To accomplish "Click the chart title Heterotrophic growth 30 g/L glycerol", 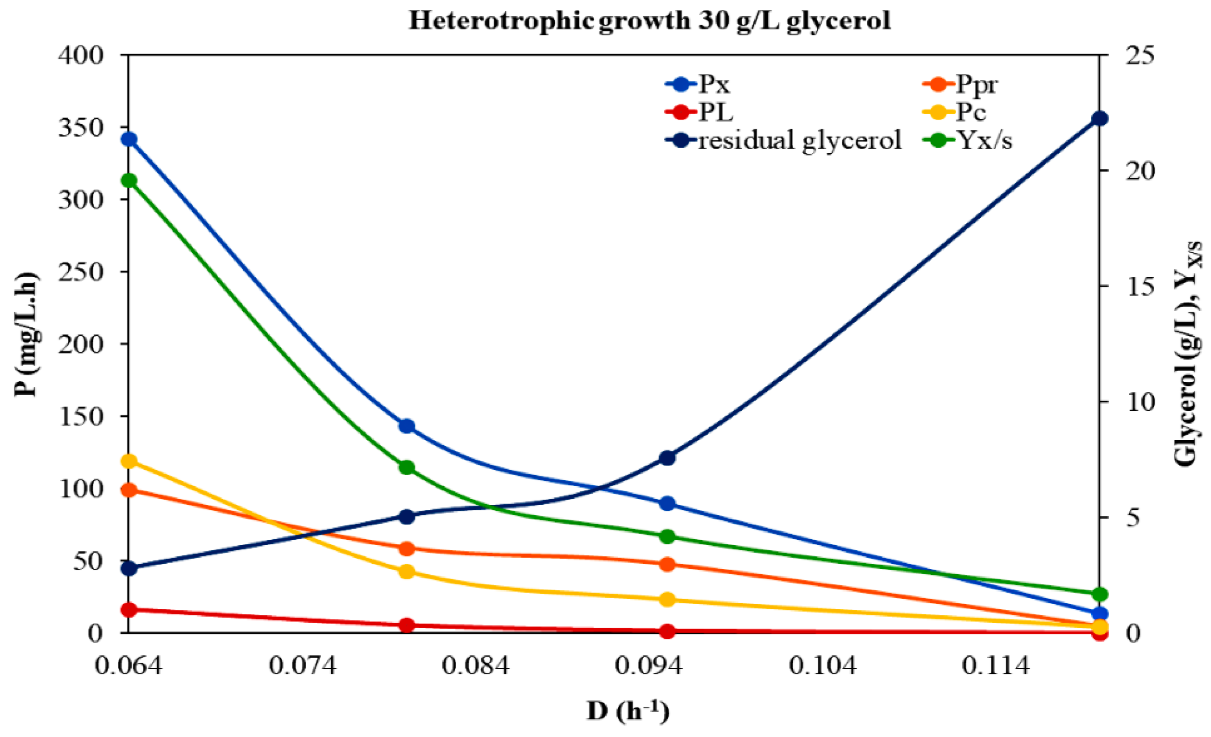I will point(649,20).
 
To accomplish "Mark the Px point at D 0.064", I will point(129,139).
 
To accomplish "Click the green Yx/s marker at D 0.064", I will point(129,181).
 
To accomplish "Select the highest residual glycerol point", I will point(1100,118).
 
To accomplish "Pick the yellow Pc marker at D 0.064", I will point(129,461).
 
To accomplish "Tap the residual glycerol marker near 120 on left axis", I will point(667,458).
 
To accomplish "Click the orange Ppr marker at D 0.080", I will point(406,548).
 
